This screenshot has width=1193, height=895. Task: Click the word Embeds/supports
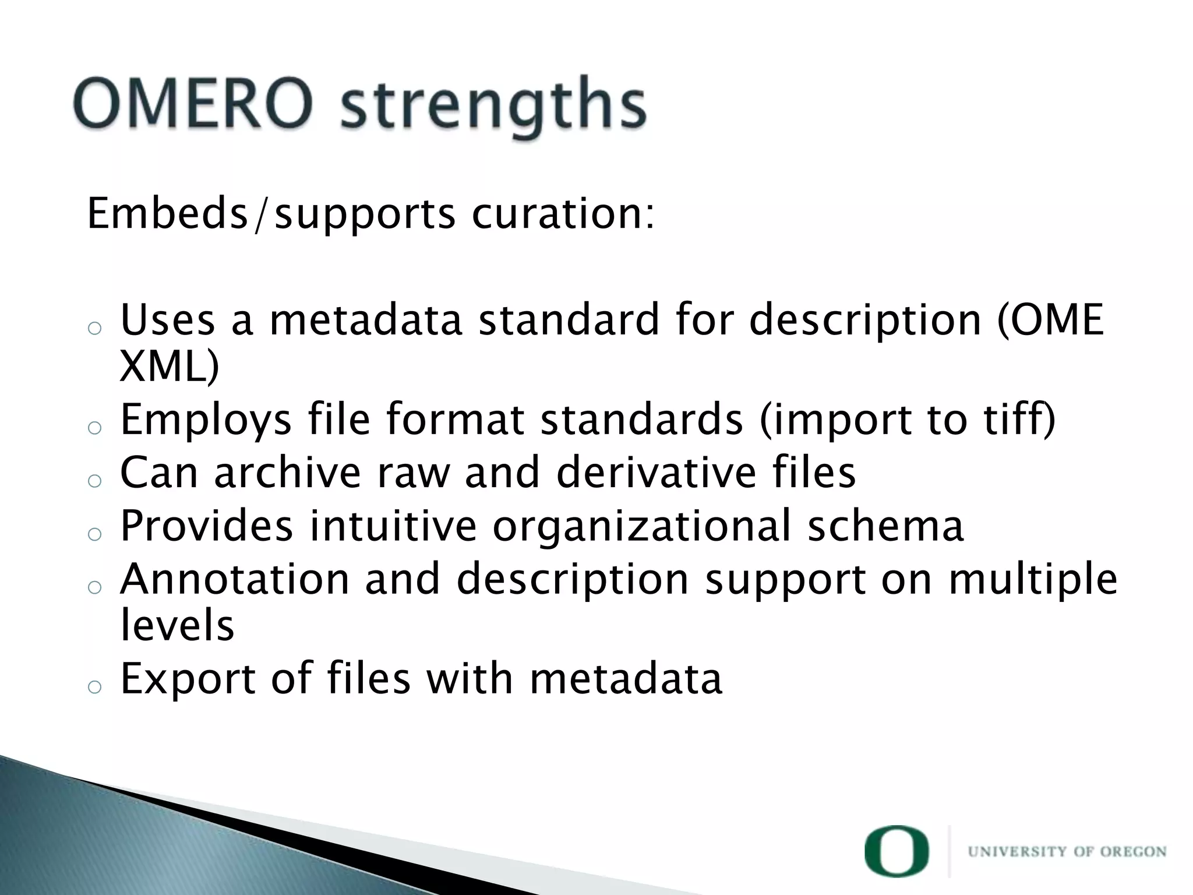271,215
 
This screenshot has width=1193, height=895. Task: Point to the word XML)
169,367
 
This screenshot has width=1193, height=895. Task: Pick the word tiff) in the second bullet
1019,420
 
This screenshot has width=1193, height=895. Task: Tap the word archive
288,473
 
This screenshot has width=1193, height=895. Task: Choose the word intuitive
393,526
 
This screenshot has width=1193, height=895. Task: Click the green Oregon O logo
896,851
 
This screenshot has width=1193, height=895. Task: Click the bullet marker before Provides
94,534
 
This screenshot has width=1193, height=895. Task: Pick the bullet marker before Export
94,688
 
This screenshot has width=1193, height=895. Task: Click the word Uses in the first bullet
168,320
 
